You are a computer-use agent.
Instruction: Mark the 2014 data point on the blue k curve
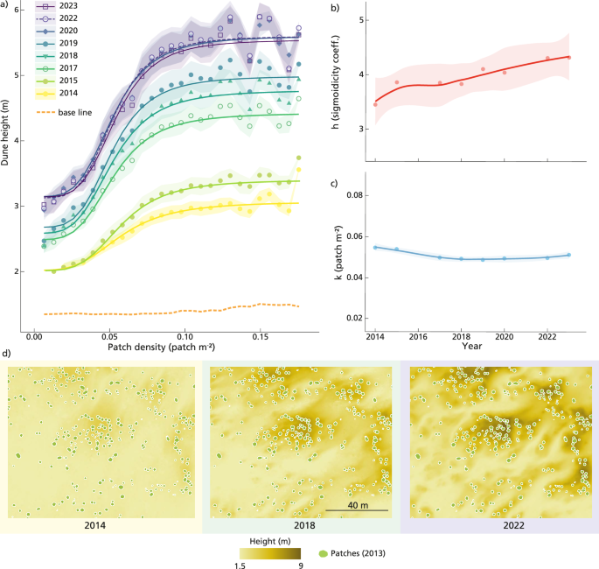coord(376,247)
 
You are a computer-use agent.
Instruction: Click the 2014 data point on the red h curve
coord(376,104)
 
